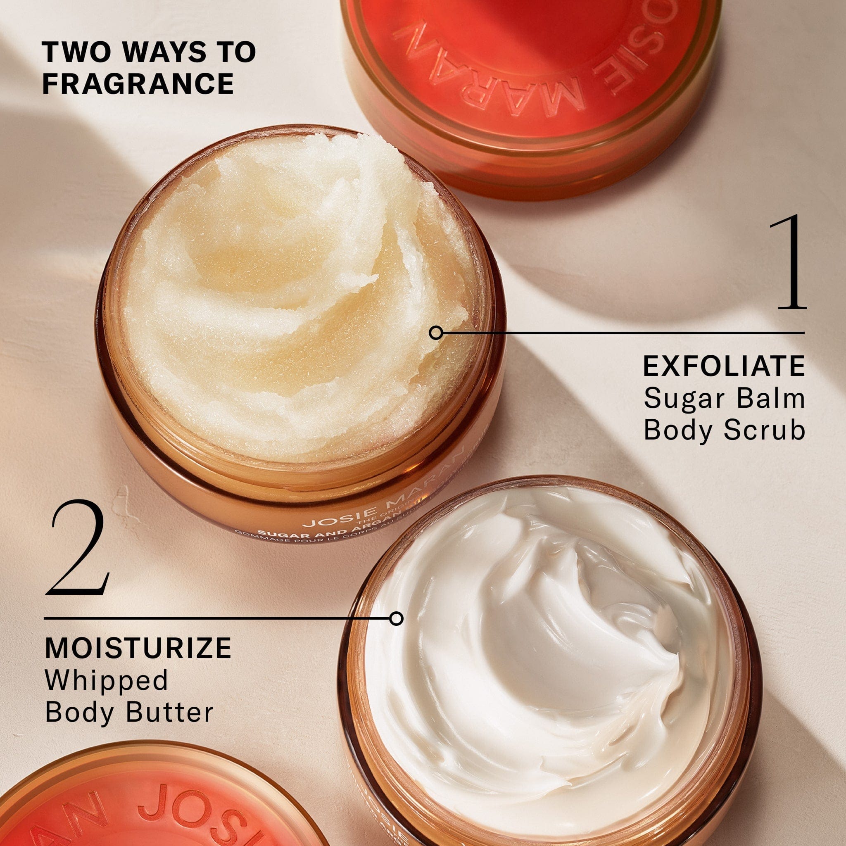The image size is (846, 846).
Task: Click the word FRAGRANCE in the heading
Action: [x=138, y=84]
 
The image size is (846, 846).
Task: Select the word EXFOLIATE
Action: [x=724, y=367]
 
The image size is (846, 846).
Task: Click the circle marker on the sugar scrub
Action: [x=435, y=333]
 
